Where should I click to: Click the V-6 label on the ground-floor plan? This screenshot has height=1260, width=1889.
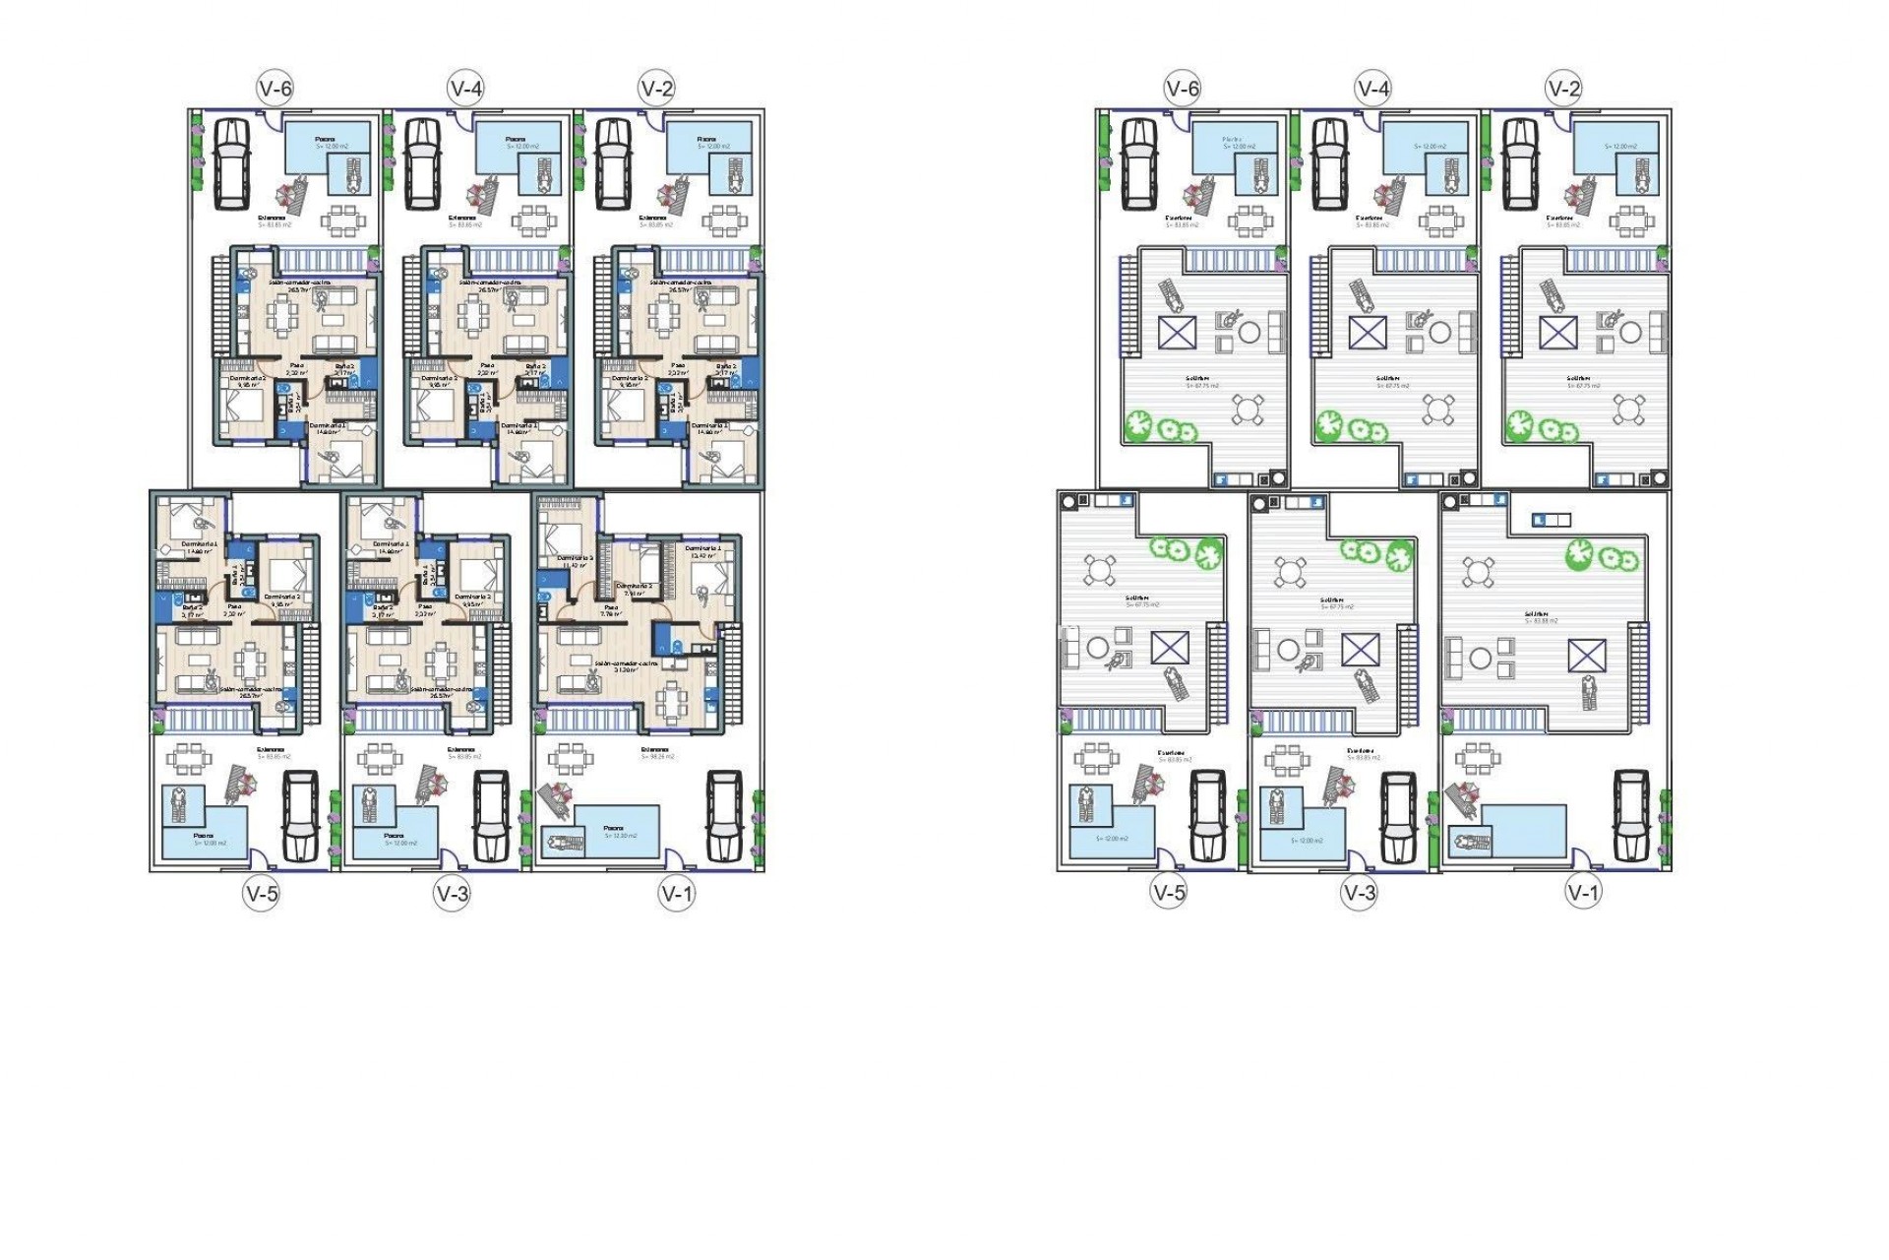click(x=275, y=89)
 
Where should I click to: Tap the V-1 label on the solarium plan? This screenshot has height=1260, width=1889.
click(x=1583, y=893)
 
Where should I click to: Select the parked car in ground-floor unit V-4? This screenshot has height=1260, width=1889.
click(x=422, y=163)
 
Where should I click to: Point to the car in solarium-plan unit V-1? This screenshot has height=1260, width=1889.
click(x=1630, y=816)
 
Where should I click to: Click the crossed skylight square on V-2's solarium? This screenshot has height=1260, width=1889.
click(x=1557, y=332)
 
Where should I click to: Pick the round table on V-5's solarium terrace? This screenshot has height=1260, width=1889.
click(x=1100, y=570)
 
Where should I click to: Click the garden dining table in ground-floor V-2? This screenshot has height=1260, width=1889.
click(x=723, y=220)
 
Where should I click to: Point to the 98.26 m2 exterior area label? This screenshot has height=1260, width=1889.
click(x=657, y=755)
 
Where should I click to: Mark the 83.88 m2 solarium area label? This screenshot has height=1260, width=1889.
click(x=1541, y=618)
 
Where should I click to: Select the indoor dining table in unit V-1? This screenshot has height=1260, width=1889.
click(x=673, y=701)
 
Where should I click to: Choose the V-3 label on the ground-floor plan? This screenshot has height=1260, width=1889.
click(x=453, y=894)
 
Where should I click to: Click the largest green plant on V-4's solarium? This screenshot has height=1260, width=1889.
click(x=1329, y=425)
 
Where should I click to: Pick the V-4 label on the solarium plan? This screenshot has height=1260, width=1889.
click(x=1372, y=89)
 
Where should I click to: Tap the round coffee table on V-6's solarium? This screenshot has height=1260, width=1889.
click(x=1249, y=332)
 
